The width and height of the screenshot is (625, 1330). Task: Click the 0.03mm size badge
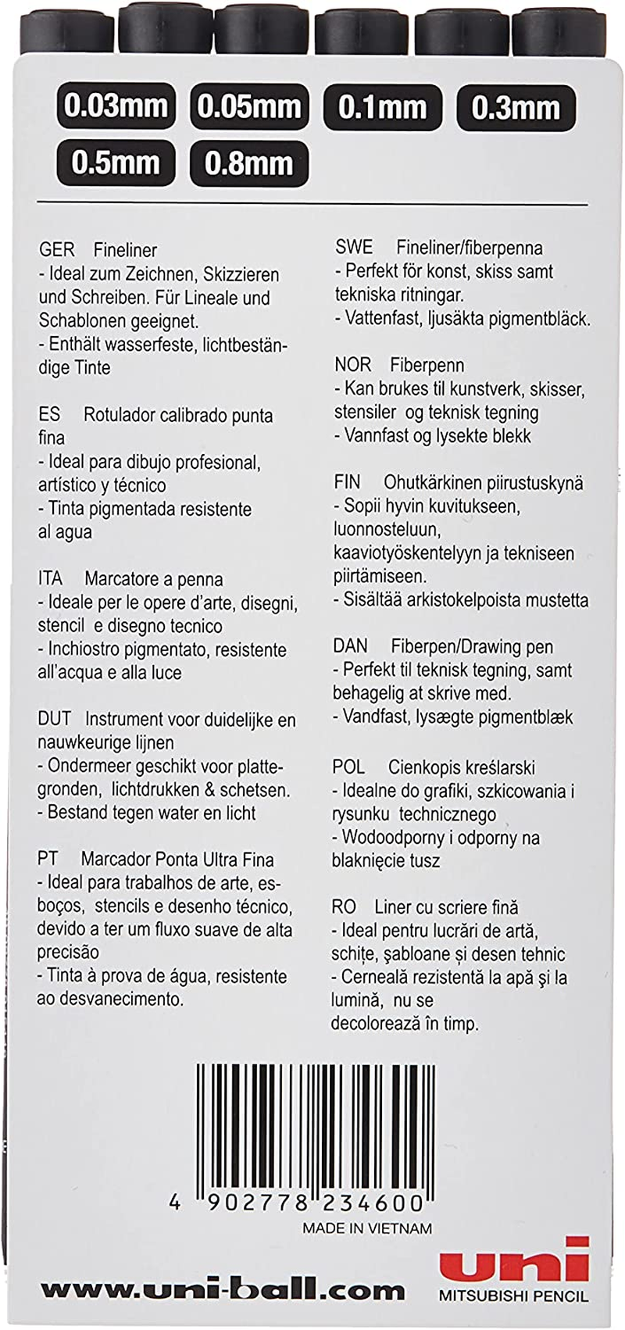coord(116,106)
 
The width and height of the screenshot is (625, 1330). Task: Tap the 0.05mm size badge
coord(249,106)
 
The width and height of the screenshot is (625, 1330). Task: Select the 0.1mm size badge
coord(382,107)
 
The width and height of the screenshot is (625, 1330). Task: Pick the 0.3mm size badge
coord(516,107)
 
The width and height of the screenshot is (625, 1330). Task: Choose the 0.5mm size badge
coord(116,163)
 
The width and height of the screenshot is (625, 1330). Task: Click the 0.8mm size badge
coord(249,163)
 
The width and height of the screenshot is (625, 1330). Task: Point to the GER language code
coord(57,250)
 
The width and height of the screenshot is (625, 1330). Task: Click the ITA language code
coord(50,579)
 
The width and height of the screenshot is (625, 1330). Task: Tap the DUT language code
coord(54,719)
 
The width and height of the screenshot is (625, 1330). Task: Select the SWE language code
coord(354,248)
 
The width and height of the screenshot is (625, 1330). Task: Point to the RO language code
coord(344,907)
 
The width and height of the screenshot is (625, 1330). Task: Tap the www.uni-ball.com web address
coord(223,1290)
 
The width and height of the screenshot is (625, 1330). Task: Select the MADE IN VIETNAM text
coord(367,1228)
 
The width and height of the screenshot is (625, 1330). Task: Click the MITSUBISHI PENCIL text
coord(513,1296)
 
